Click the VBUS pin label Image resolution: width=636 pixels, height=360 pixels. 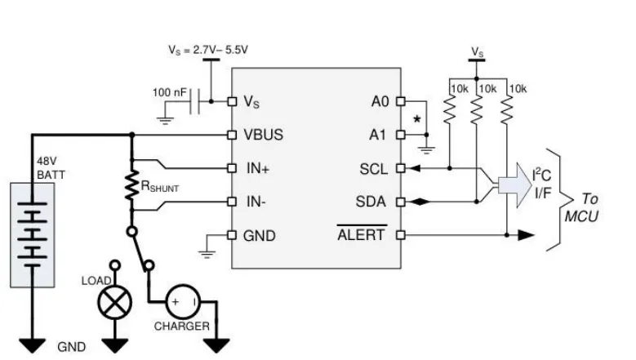(263, 135)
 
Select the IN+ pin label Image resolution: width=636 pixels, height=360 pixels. (258, 168)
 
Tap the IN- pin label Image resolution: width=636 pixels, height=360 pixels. (256, 202)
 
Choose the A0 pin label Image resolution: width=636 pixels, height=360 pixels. (380, 102)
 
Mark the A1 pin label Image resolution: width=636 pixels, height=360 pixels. (380, 135)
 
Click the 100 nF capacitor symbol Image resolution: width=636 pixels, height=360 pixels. (194, 102)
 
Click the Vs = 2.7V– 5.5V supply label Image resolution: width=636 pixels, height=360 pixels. (207, 49)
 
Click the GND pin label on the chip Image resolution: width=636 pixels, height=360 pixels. (259, 236)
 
